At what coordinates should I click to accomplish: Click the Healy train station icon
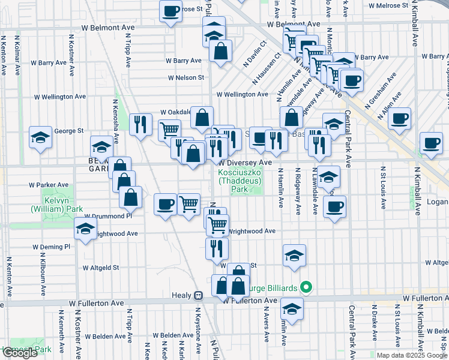[x=198, y=295]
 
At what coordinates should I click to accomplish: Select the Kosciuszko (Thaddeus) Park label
[x=240, y=180]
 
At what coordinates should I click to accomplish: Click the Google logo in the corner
[x=19, y=353]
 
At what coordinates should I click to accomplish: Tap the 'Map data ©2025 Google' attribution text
[x=412, y=355]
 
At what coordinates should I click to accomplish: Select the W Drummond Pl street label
[x=107, y=215]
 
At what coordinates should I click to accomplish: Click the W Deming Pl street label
[x=51, y=247]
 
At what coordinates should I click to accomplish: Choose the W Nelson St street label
[x=186, y=77]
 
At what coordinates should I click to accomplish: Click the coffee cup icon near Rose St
[x=171, y=10]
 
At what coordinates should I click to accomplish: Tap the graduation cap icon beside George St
[x=41, y=137]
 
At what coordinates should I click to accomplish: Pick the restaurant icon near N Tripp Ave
[x=140, y=124]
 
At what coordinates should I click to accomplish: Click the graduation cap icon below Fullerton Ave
[x=292, y=309]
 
